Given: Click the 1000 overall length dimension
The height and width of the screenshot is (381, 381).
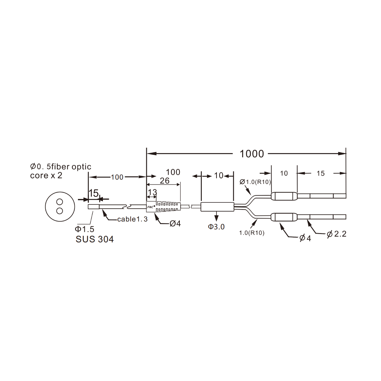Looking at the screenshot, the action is (x=252, y=154).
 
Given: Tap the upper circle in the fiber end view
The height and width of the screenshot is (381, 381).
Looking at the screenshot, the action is (x=60, y=202).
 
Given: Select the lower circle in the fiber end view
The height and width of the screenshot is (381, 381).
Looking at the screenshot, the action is (x=60, y=211).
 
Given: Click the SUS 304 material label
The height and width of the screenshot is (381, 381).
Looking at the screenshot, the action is (x=95, y=239).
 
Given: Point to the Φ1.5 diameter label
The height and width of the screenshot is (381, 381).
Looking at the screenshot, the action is (x=85, y=229).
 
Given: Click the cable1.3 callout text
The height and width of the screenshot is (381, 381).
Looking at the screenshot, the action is (x=132, y=219).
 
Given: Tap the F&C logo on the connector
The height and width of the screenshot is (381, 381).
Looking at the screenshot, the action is (x=151, y=207).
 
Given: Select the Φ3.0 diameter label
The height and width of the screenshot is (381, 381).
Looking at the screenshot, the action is (x=216, y=227).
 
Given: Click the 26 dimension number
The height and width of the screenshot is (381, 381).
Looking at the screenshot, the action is (x=165, y=181).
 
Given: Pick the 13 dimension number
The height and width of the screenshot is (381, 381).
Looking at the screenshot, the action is (x=152, y=192).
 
